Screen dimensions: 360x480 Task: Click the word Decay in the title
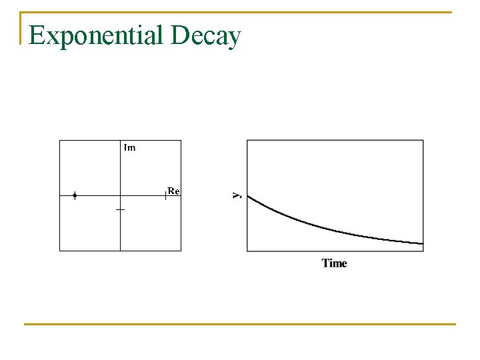[205, 36]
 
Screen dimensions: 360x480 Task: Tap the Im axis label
[129, 147]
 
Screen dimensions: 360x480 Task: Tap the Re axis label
[173, 191]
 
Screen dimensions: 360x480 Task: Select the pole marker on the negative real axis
[75, 196]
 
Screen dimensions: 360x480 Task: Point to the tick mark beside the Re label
[165, 195]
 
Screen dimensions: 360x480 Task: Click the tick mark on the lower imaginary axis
[120, 209]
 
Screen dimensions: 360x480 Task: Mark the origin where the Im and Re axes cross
[120, 196]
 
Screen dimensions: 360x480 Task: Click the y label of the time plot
[237, 195]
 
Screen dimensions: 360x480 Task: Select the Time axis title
[335, 263]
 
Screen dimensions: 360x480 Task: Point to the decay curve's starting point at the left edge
[248, 196]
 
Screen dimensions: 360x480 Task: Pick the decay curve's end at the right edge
[423, 244]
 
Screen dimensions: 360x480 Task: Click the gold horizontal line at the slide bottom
[240, 325]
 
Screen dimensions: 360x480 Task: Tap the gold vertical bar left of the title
[21, 28]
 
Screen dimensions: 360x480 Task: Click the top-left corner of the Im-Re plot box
[60, 140]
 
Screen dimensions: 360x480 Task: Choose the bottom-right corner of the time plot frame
[423, 251]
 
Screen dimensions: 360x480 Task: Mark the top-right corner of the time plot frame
[423, 140]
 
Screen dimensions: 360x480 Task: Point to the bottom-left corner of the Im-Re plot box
[60, 251]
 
